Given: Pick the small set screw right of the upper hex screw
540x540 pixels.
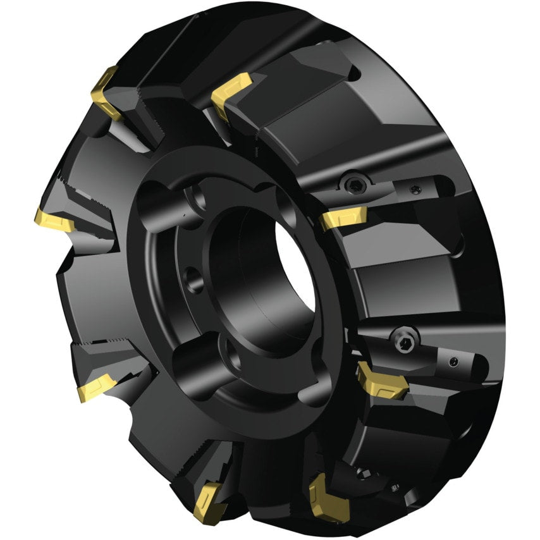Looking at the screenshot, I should click(414, 188).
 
